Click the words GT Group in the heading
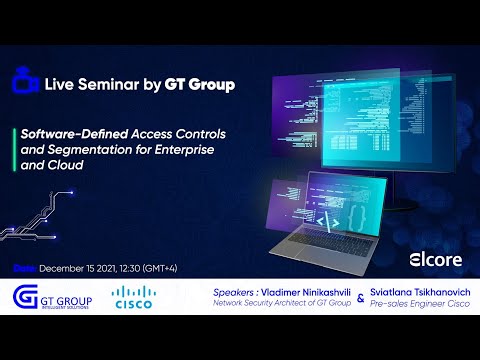point(203,85)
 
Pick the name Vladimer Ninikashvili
point(297,292)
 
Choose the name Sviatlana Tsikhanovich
point(416,292)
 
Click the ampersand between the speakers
point(359,298)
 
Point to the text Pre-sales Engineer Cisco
point(415,304)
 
